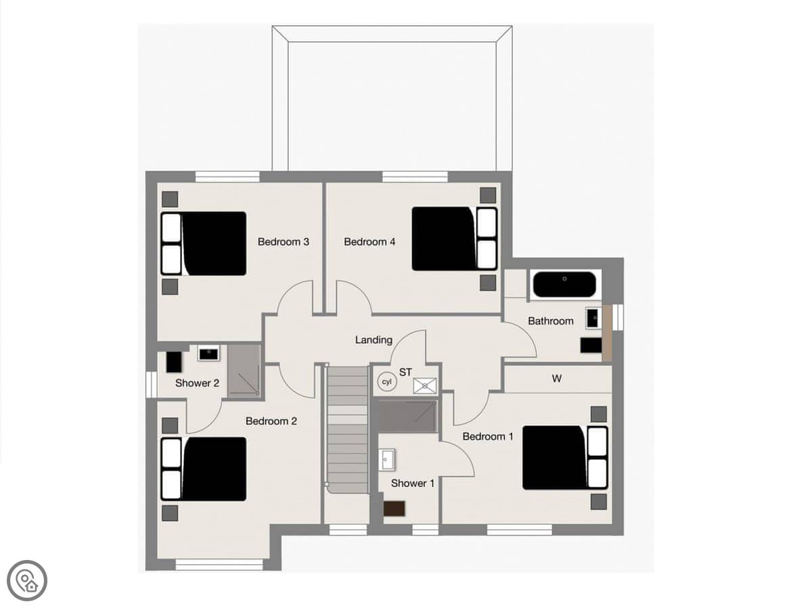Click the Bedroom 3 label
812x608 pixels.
click(x=283, y=241)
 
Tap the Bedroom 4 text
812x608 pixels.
click(x=369, y=241)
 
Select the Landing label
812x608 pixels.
click(x=374, y=340)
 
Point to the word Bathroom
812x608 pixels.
click(x=550, y=321)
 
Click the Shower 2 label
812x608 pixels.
click(x=197, y=383)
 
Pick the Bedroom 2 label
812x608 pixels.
click(x=271, y=421)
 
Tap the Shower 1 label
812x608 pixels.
click(x=413, y=483)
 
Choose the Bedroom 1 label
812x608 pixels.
click(x=488, y=436)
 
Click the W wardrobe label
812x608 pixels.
click(x=556, y=379)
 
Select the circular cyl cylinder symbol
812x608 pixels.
click(x=386, y=381)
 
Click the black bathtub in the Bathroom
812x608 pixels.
click(x=564, y=284)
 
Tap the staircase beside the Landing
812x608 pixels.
click(x=348, y=429)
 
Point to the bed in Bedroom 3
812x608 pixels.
click(x=204, y=243)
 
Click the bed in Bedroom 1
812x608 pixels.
click(x=565, y=458)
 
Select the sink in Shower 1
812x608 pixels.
click(x=387, y=459)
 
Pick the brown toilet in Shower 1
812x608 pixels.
click(x=394, y=509)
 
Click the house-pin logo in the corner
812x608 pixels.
click(x=27, y=581)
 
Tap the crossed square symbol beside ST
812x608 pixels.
click(x=425, y=386)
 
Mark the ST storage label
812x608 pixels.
click(x=405, y=372)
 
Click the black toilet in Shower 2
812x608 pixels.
click(x=173, y=362)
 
